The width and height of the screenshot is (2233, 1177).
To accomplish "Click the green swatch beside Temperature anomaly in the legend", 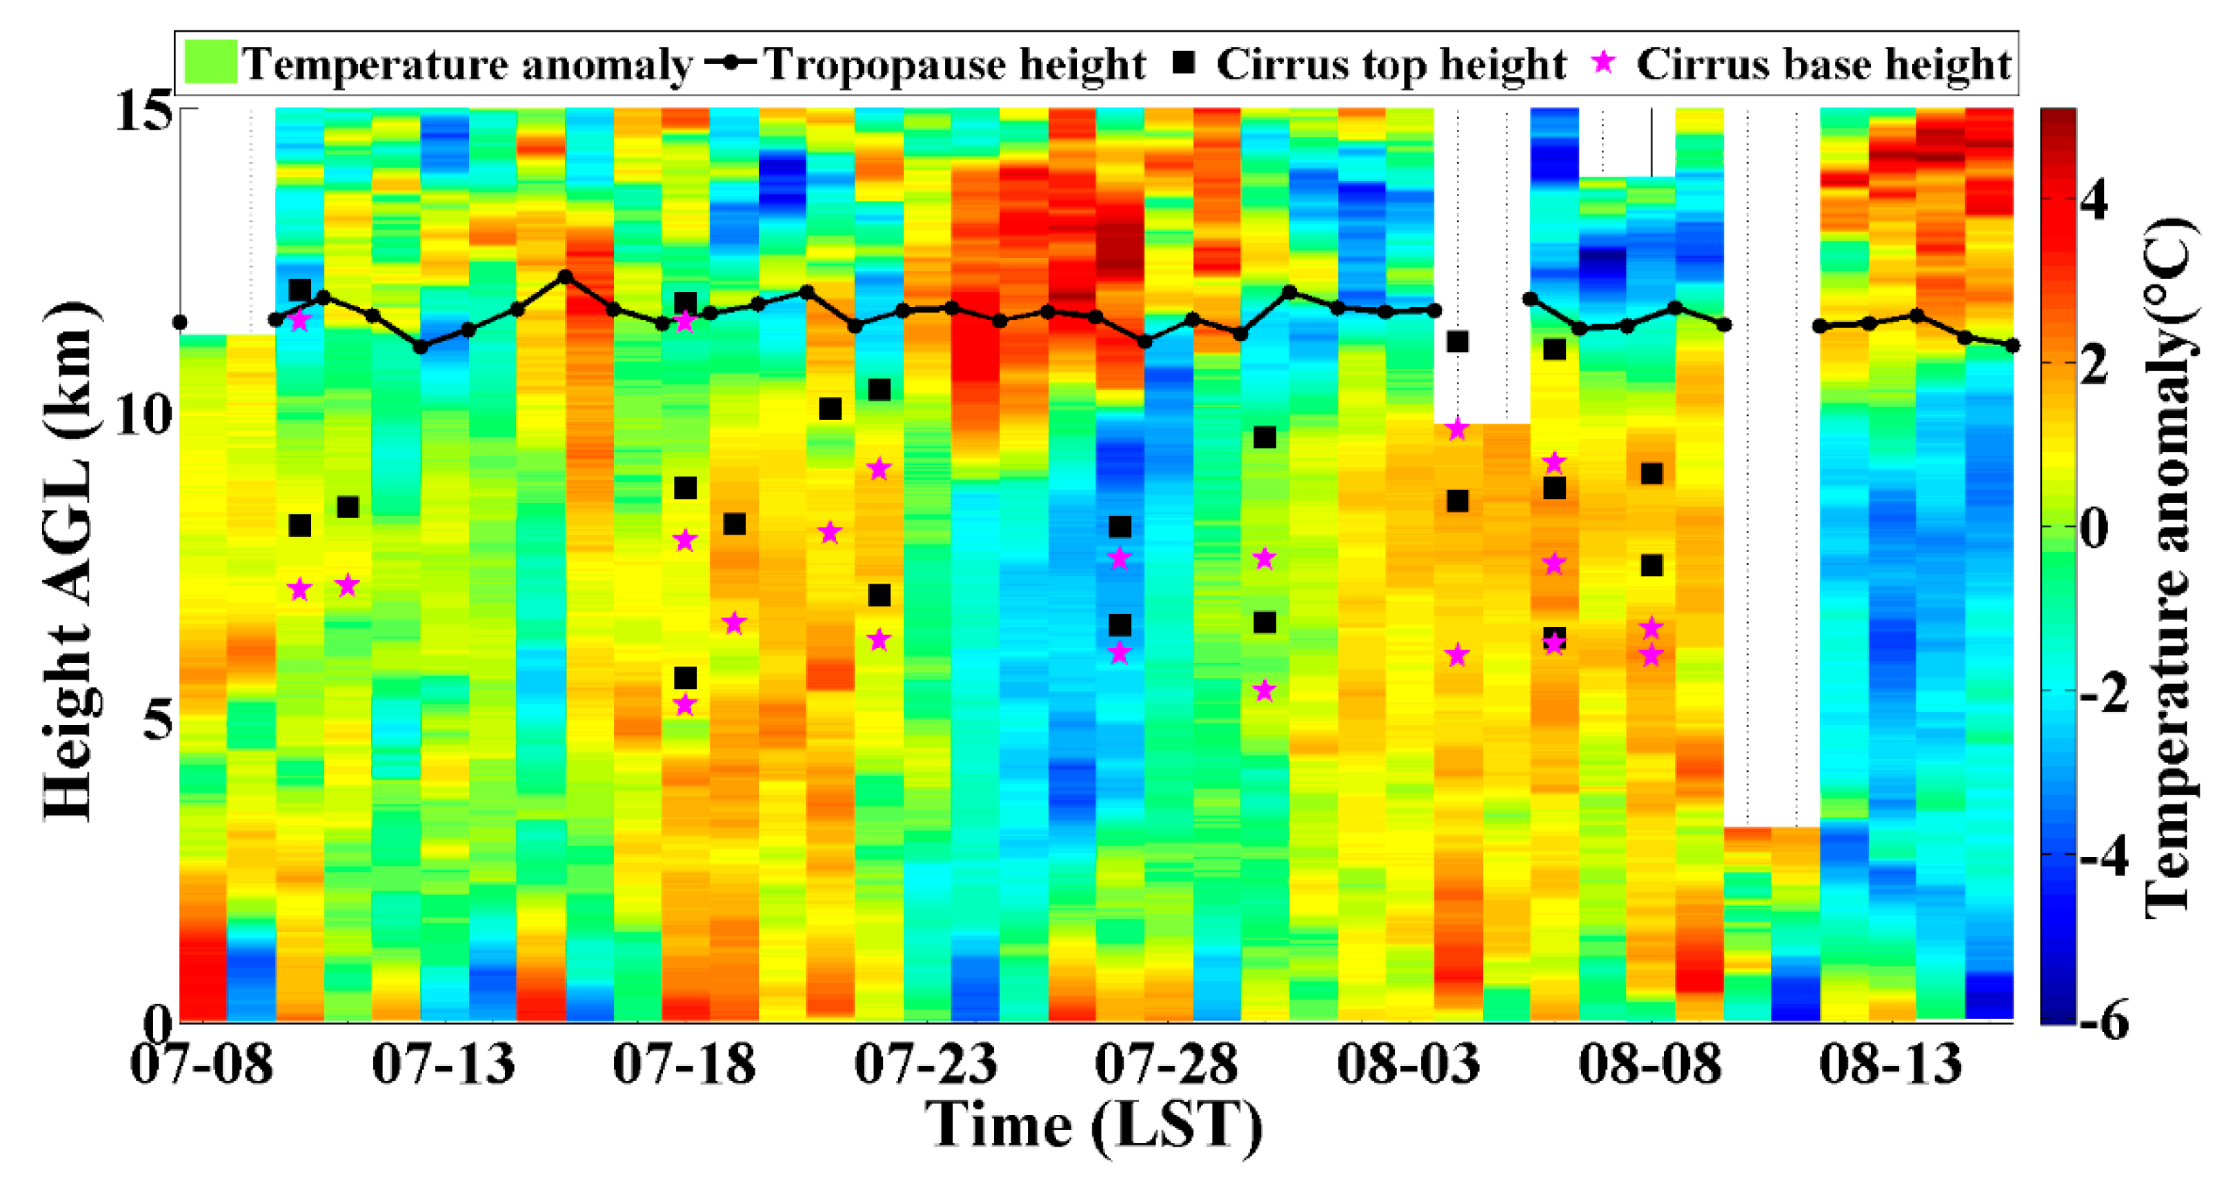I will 210,63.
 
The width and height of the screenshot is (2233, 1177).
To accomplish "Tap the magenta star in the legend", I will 1605,62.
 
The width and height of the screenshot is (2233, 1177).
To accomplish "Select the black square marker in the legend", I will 1184,62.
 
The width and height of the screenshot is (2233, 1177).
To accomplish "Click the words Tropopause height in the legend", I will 953,64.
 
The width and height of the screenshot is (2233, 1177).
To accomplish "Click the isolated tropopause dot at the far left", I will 180,322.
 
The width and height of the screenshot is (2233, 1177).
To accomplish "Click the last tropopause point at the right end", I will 2013,345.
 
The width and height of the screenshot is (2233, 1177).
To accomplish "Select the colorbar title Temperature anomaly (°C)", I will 2172,568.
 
